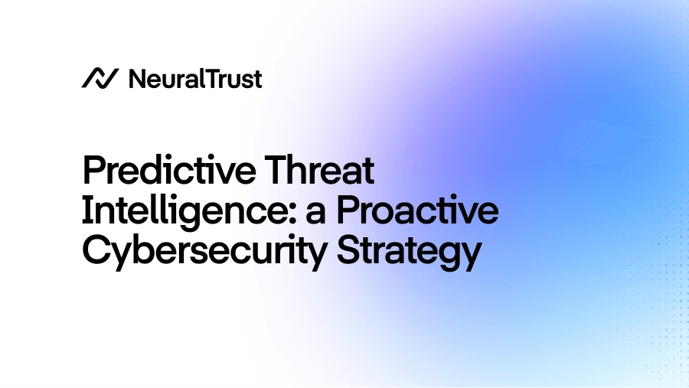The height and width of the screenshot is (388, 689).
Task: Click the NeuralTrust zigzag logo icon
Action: tap(100, 78)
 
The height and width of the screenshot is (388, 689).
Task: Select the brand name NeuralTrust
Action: tap(195, 78)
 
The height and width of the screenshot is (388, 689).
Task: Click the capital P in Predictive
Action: tap(92, 171)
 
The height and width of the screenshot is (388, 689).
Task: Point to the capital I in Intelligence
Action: tap(87, 212)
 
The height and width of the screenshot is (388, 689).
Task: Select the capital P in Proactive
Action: tap(349, 212)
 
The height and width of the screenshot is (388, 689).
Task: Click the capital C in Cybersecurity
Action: tap(96, 252)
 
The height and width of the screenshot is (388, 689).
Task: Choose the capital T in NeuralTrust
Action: tap(214, 78)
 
